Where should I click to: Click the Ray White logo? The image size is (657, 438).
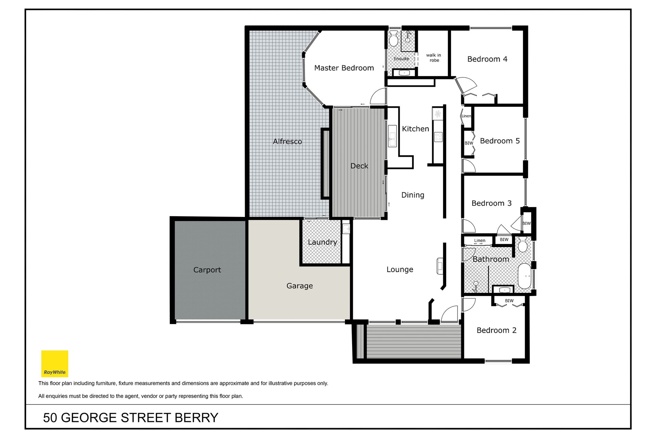pyautogui.click(x=55, y=363)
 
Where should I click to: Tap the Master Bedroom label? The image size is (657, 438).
pyautogui.click(x=344, y=68)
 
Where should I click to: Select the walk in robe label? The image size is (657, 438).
pyautogui.click(x=434, y=57)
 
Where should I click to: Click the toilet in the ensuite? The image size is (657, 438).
pyautogui.click(x=394, y=38)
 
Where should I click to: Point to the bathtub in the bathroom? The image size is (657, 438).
pyautogui.click(x=524, y=276)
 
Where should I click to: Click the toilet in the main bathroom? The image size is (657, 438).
pyautogui.click(x=523, y=244)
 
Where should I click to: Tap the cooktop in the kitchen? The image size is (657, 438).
pyautogui.click(x=438, y=137)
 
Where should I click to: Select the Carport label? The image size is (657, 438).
pyautogui.click(x=207, y=270)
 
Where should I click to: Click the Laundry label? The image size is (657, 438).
pyautogui.click(x=322, y=242)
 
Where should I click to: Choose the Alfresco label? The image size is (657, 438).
pyautogui.click(x=287, y=141)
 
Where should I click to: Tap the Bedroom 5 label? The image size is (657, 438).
pyautogui.click(x=500, y=141)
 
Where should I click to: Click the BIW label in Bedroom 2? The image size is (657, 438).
pyautogui.click(x=509, y=301)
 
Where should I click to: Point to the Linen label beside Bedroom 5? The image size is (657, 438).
pyautogui.click(x=466, y=116)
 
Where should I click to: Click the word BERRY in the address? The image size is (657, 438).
pyautogui.click(x=196, y=418)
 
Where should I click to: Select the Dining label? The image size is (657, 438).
pyautogui.click(x=413, y=195)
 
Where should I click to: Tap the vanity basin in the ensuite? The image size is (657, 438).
pyautogui.click(x=404, y=73)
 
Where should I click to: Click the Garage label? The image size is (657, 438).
pyautogui.click(x=299, y=286)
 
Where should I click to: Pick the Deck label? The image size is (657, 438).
pyautogui.click(x=359, y=166)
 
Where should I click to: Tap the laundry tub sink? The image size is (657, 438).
pyautogui.click(x=346, y=229)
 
